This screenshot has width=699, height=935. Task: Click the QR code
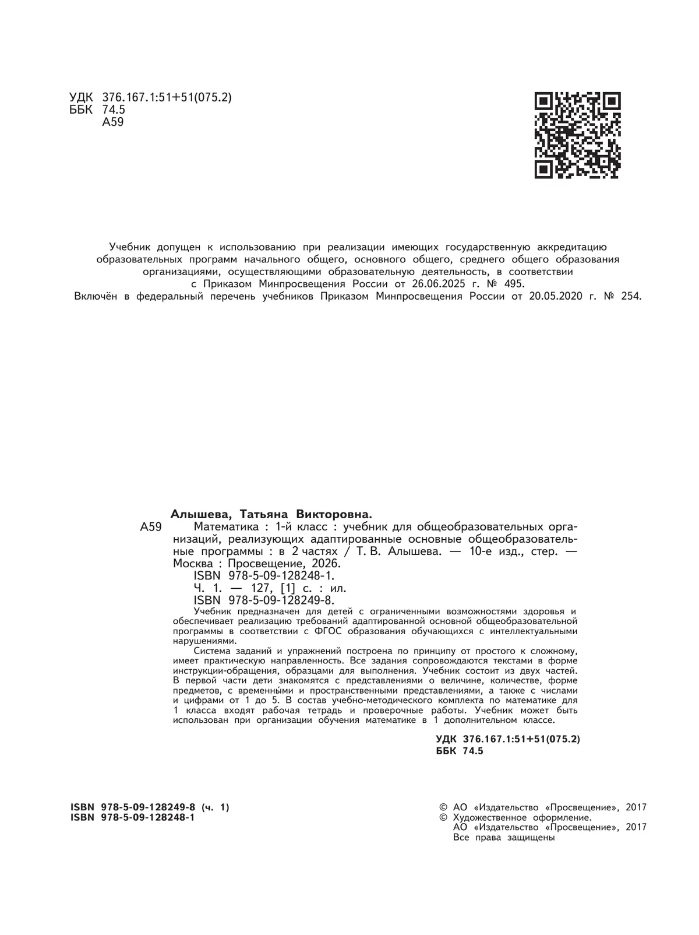pos(577,135)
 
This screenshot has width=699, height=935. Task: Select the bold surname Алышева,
pos(202,514)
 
